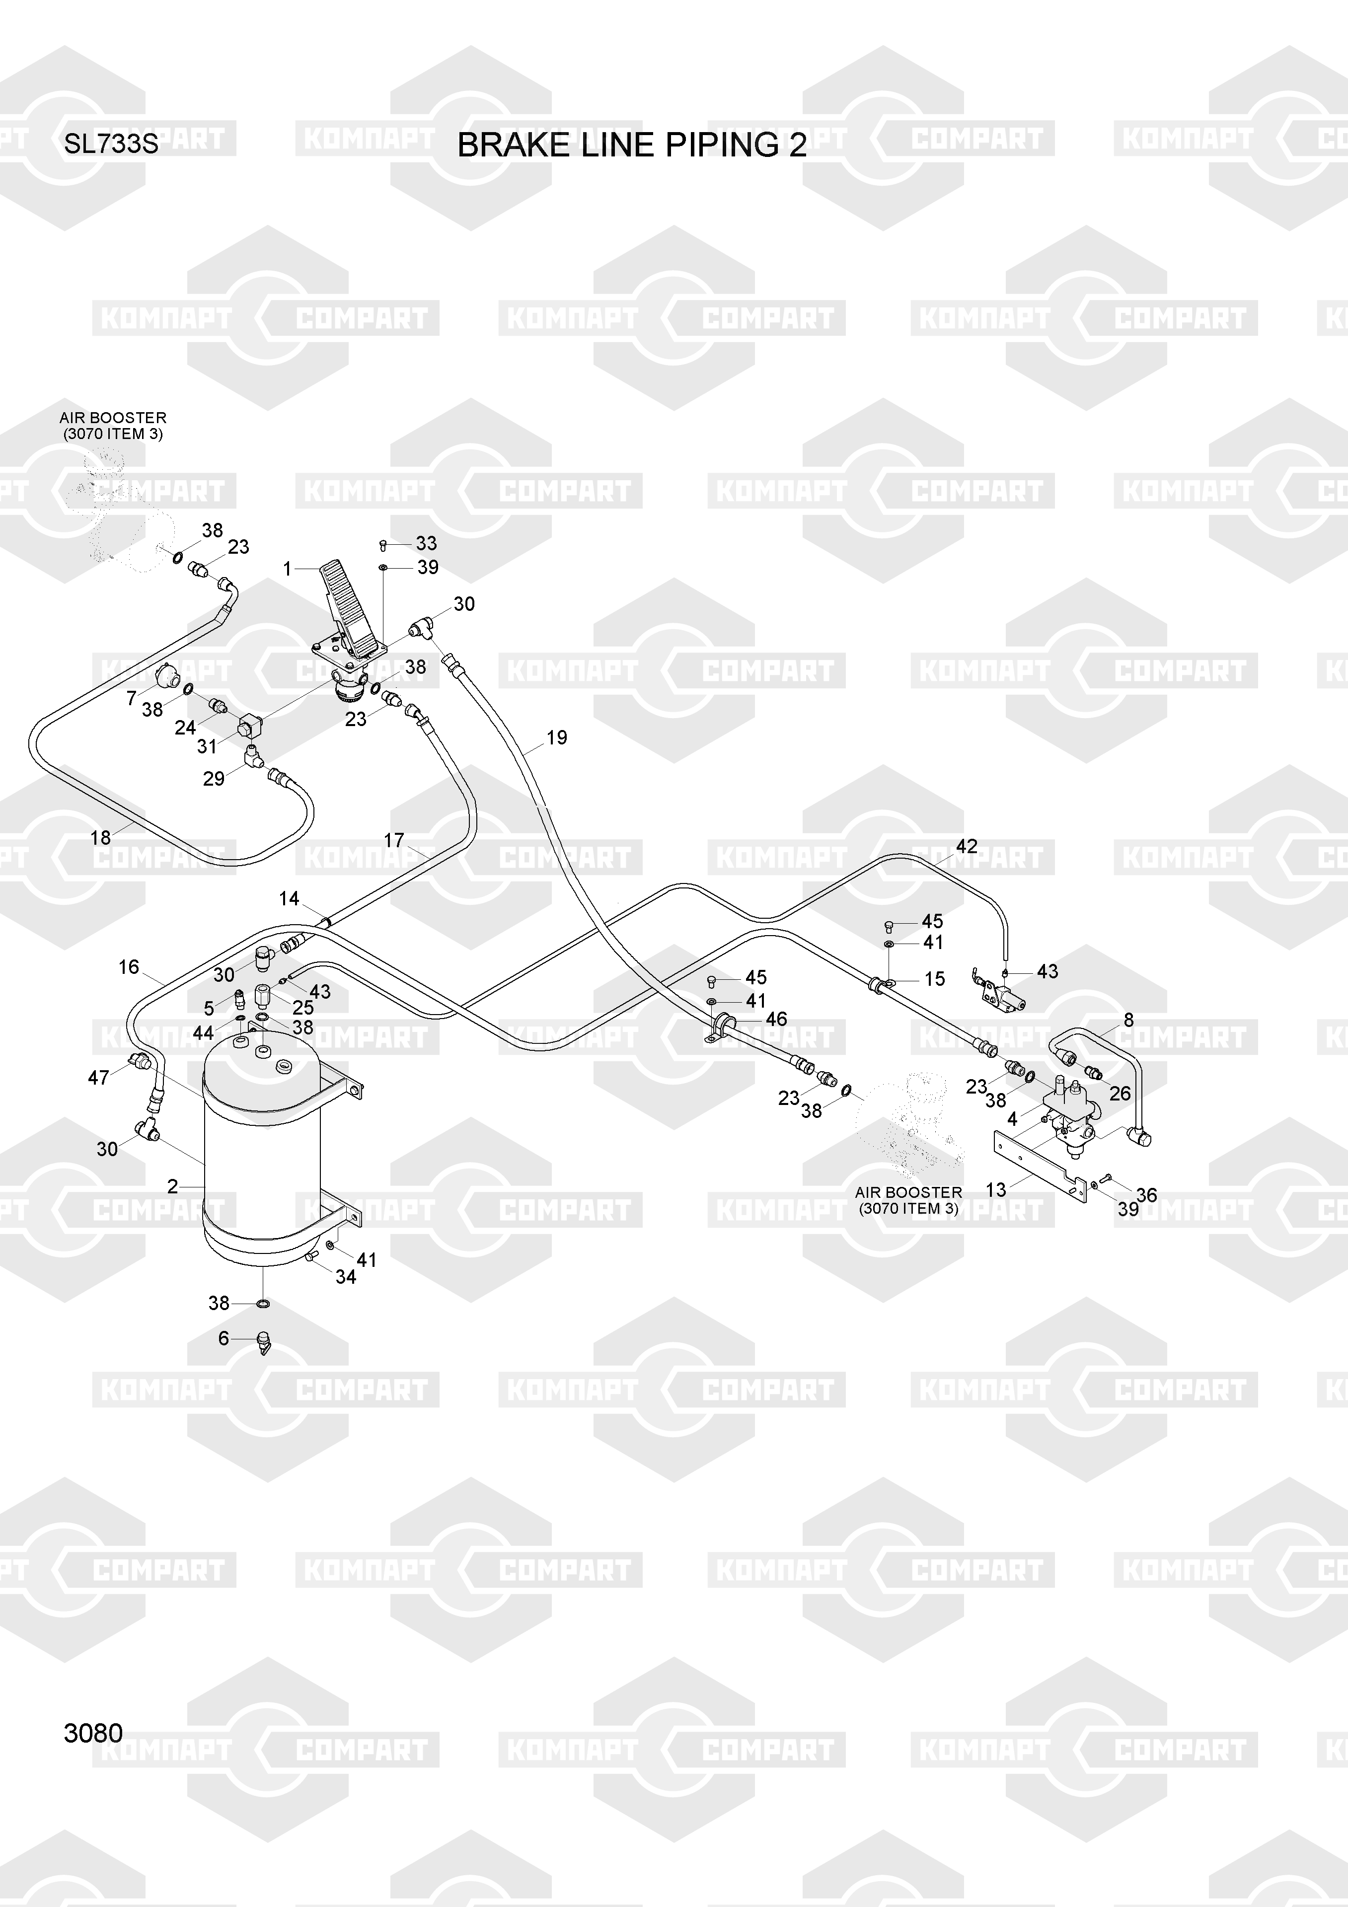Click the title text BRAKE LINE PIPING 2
[x=631, y=146]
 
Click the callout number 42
[x=967, y=846]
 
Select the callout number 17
[x=394, y=841]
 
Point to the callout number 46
[x=776, y=1019]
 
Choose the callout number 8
[x=1128, y=1020]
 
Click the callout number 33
[x=426, y=543]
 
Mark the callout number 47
[x=98, y=1077]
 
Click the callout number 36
[x=1146, y=1195]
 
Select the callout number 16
[x=129, y=967]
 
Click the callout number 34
[x=346, y=1277]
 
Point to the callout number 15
[x=934, y=979]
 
